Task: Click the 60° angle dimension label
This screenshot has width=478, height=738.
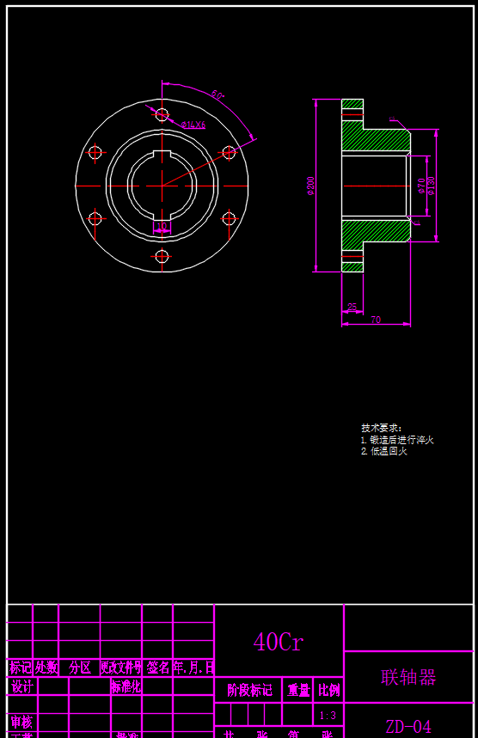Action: [218, 95]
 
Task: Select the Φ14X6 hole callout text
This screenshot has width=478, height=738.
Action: [193, 125]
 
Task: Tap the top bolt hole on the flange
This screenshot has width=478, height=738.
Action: [162, 113]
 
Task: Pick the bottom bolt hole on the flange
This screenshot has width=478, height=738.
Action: [162, 255]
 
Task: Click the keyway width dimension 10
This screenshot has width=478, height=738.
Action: [162, 227]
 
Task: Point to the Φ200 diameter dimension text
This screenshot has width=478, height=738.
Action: [310, 186]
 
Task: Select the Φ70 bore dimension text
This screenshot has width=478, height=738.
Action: [421, 186]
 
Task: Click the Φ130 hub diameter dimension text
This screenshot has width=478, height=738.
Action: [432, 186]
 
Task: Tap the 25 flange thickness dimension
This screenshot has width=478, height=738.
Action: [352, 307]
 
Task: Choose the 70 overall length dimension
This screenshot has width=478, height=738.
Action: [376, 320]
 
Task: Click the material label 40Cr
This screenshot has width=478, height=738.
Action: [278, 642]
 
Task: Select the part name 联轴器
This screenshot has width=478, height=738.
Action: [408, 677]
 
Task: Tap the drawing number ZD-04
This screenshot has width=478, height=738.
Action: [408, 727]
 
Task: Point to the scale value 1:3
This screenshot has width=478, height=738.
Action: [328, 715]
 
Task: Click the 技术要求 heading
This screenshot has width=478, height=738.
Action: [381, 428]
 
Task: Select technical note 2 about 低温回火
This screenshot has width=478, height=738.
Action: [384, 451]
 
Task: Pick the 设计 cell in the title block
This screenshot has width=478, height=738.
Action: [21, 686]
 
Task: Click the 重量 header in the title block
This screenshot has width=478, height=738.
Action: [298, 690]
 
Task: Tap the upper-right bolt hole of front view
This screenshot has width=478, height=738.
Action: [229, 152]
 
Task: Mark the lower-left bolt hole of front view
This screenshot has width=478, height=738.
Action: [95, 218]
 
